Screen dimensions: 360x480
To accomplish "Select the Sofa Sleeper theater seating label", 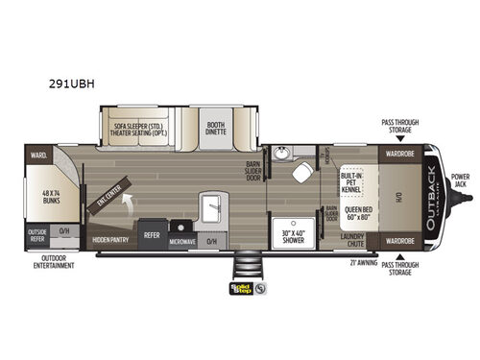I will [150, 128].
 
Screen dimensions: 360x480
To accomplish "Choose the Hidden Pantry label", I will [110, 233].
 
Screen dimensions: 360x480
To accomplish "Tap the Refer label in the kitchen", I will [153, 233].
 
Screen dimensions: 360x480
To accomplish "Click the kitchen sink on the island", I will [212, 204].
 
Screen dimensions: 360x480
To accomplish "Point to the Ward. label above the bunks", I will [39, 153].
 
